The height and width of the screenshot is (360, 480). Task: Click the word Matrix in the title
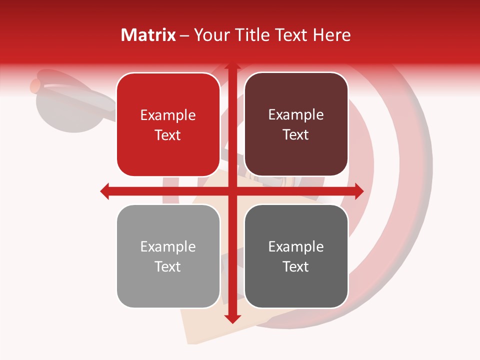148,35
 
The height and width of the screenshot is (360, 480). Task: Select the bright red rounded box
168,124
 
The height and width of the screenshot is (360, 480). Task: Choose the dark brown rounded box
296,124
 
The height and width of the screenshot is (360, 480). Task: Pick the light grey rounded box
168,256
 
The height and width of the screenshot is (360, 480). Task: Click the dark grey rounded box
296,256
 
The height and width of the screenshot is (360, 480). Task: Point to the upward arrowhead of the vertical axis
232,66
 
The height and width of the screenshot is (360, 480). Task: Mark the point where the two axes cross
232,191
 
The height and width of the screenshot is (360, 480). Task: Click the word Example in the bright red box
168,115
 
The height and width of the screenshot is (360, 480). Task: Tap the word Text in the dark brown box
296,135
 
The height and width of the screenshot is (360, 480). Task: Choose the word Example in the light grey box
168,246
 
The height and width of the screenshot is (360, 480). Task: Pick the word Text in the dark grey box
296,266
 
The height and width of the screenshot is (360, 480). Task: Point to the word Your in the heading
208,35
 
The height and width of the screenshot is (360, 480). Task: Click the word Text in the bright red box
168,135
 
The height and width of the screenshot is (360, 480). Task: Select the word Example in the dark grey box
296,246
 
